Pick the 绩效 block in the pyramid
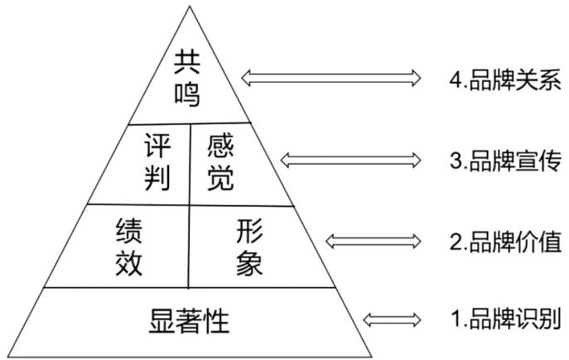point(131,246)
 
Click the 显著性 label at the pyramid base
point(190,319)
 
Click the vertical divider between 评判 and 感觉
point(190,164)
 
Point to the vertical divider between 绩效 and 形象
point(190,246)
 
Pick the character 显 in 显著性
point(161,319)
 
